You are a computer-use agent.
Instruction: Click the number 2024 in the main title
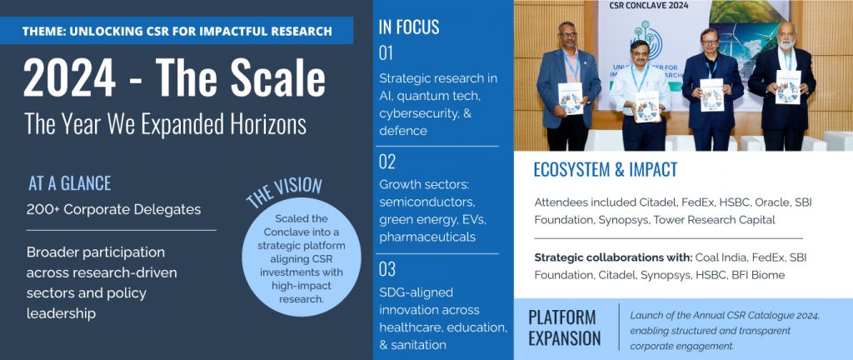(69, 78)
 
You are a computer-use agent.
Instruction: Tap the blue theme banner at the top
(177, 31)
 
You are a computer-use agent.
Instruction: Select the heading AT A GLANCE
(70, 184)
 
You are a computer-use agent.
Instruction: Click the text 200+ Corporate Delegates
(113, 209)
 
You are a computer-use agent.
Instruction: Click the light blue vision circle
(302, 257)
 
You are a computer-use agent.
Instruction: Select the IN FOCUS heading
(409, 27)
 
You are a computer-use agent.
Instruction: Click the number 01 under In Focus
(386, 53)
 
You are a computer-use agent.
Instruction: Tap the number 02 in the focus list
(387, 162)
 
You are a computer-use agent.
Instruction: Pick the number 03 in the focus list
(387, 269)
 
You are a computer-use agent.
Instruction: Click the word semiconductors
(427, 202)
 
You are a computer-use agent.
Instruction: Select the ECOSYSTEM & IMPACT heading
(606, 170)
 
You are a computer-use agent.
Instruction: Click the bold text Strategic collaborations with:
(613, 257)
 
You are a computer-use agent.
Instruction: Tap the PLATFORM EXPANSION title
(565, 327)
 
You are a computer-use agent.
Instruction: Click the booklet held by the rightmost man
(788, 87)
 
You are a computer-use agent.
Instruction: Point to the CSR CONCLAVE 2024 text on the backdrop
(647, 6)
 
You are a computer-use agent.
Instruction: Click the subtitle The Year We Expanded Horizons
(166, 124)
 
